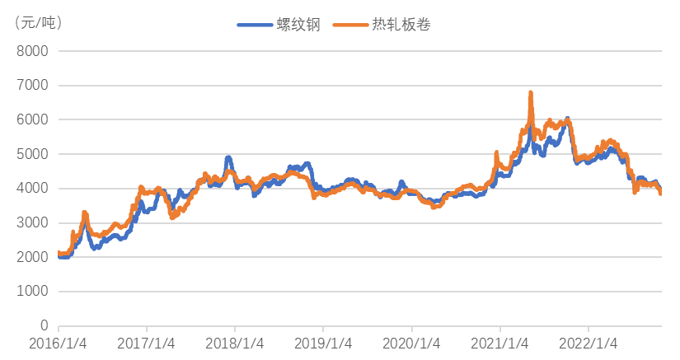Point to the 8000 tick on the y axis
coord(33,51)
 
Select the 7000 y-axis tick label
coord(33,86)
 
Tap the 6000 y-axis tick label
coord(33,120)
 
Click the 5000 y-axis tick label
coord(33,155)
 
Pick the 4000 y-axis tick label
coord(33,189)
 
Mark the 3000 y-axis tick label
coord(33,223)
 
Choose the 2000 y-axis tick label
coord(33,258)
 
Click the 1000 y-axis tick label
coord(33,292)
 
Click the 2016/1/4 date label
coord(58,342)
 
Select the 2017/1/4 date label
coord(146,342)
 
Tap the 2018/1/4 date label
coord(235,342)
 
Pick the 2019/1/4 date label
coord(323,342)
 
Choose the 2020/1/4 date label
coord(411,342)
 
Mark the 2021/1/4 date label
coord(500,342)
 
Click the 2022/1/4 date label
coord(589,342)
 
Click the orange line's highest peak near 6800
coord(531,92)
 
